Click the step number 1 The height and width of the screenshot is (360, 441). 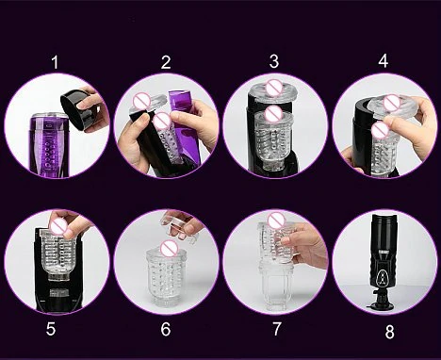(x=56, y=62)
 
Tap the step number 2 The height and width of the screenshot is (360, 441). (x=166, y=62)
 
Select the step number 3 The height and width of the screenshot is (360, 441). (x=274, y=61)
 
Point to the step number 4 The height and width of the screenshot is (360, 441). (x=384, y=60)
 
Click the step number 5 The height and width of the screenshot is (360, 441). (x=51, y=329)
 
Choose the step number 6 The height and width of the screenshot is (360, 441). (x=166, y=329)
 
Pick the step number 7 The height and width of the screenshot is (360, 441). (x=276, y=329)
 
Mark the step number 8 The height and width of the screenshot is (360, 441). (x=389, y=332)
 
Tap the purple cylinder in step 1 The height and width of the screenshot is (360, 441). (x=49, y=144)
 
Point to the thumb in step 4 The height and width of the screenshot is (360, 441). (x=393, y=123)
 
